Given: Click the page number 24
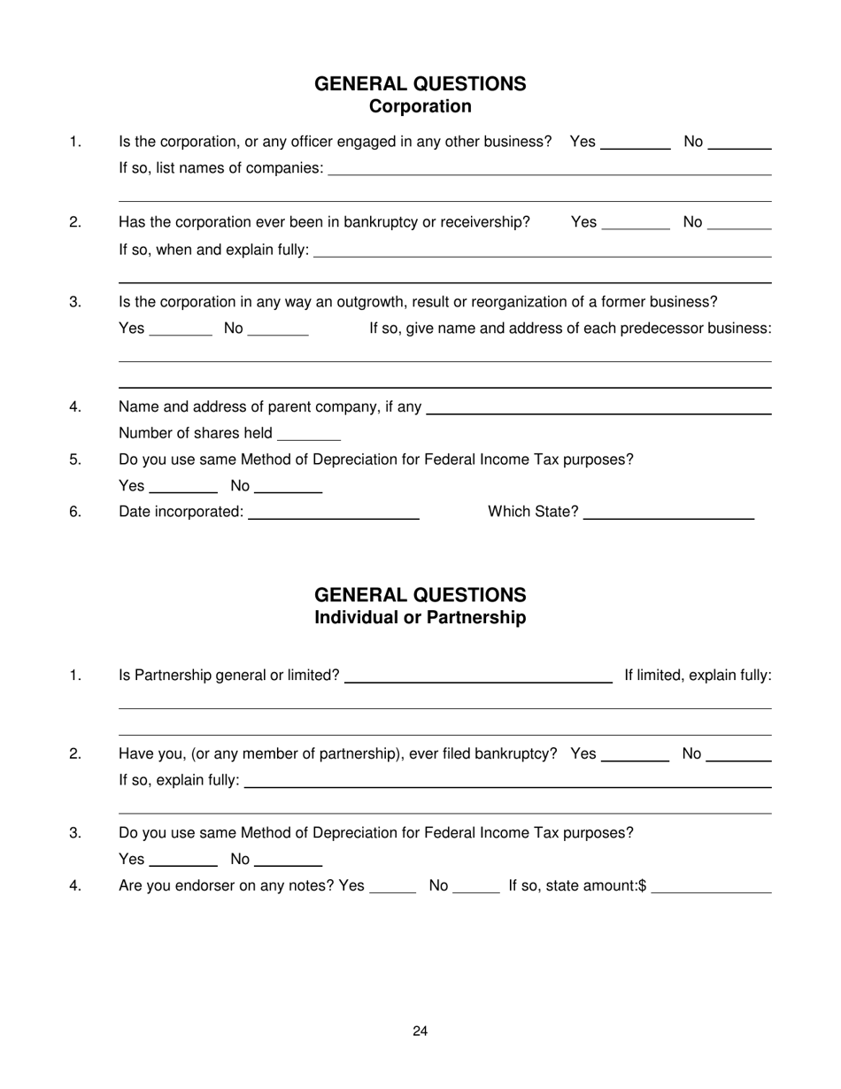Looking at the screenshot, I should [420, 1031].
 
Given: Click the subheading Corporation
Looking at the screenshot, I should [420, 107].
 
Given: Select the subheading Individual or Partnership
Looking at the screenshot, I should [420, 618].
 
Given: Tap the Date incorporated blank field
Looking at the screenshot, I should [334, 512].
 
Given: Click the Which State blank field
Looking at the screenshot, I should [668, 512].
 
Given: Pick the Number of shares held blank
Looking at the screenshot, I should [308, 434].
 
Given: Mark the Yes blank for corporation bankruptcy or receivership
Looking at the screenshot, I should [635, 222].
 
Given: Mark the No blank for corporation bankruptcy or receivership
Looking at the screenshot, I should [740, 222].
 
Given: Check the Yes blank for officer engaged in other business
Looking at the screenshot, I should [635, 143].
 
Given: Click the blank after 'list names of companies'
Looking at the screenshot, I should [549, 168].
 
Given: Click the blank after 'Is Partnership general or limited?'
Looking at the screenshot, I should [477, 676].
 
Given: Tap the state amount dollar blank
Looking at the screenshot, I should [711, 885].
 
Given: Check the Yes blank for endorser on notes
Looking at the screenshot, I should [391, 885].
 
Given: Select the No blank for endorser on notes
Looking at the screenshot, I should [475, 885].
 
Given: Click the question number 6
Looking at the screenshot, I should [75, 512].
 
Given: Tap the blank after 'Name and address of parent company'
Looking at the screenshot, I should [598, 407].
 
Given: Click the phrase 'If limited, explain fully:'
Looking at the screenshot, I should [698, 676].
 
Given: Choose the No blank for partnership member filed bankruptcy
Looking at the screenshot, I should [740, 754].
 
